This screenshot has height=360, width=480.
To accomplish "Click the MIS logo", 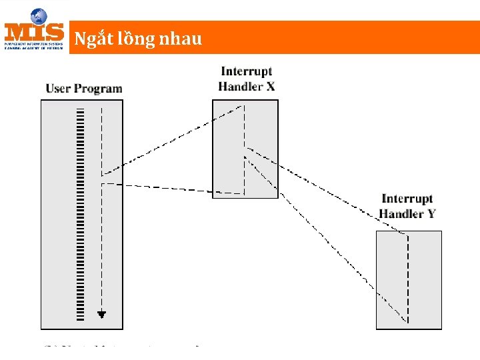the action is click(x=34, y=30).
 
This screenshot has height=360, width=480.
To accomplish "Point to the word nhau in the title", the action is click(x=179, y=39).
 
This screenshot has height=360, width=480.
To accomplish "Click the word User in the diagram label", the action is click(x=58, y=89).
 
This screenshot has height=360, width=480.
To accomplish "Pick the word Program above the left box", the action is click(x=98, y=89).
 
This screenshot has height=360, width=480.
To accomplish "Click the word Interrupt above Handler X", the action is click(x=246, y=71).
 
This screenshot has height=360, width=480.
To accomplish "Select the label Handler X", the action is click(x=246, y=86).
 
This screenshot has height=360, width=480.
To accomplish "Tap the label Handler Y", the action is click(x=407, y=213).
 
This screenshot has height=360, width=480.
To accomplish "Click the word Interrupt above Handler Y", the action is click(x=407, y=199).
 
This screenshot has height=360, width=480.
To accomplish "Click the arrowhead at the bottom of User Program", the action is click(x=101, y=314).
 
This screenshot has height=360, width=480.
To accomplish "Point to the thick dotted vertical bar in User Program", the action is click(x=80, y=213).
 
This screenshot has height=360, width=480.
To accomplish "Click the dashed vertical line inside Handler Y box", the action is click(x=407, y=280).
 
